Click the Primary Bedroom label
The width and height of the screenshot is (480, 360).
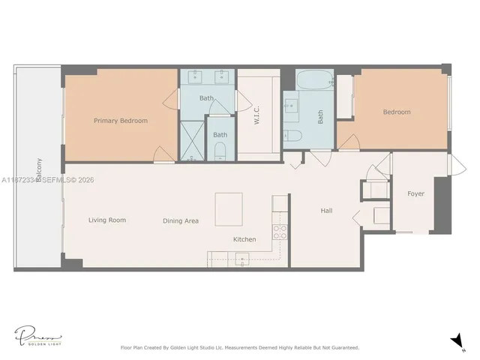(x=120, y=121)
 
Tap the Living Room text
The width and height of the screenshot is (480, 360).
(x=106, y=220)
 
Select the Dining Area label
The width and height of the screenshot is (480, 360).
(x=181, y=221)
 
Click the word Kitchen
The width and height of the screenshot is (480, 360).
(x=244, y=240)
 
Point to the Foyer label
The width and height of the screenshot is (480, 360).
(x=415, y=194)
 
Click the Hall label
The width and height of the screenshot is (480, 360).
(x=326, y=211)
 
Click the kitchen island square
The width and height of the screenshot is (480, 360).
(x=229, y=208)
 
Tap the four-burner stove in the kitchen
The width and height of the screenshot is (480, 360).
(x=280, y=232)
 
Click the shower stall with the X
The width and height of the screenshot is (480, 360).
(x=192, y=141)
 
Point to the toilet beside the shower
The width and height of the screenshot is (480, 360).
(x=220, y=152)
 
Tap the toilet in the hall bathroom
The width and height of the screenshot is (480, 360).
(x=293, y=135)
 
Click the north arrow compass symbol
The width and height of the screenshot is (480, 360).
(x=456, y=342)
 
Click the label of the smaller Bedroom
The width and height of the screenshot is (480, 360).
(x=397, y=112)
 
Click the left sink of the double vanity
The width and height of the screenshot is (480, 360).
(x=196, y=76)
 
